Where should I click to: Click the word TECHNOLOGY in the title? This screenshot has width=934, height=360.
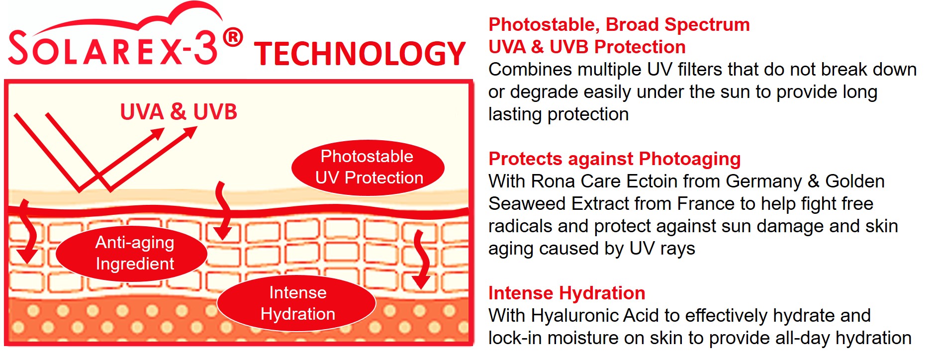(360, 54)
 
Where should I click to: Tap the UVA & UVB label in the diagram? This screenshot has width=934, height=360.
(179, 112)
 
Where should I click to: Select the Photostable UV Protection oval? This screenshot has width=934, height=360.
(368, 167)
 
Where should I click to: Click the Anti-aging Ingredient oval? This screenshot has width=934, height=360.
(132, 253)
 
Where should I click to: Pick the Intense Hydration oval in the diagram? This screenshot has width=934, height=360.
(297, 303)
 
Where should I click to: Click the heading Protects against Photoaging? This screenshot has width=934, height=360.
(615, 159)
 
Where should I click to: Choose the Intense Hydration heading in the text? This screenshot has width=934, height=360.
(567, 293)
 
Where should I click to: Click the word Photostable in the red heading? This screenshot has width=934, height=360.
(544, 24)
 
